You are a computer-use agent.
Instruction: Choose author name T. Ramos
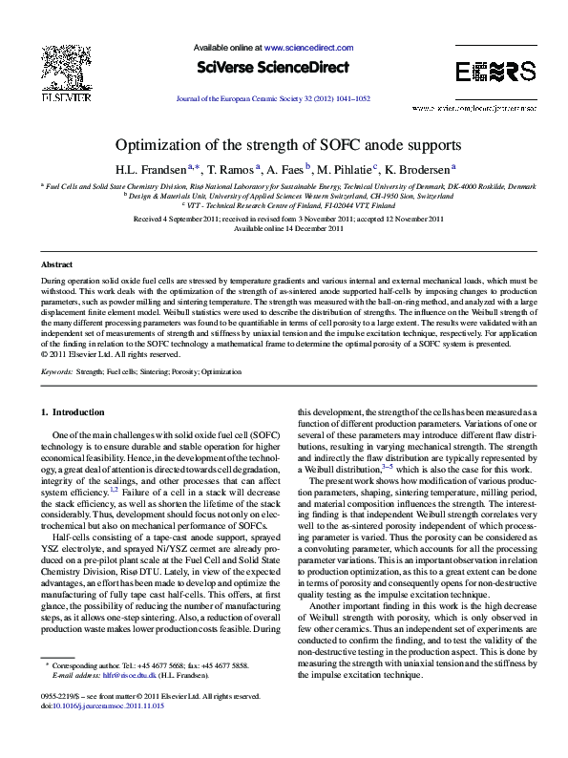(x=230, y=169)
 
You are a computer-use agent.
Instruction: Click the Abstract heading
(x=57, y=263)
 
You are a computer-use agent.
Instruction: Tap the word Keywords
(x=57, y=368)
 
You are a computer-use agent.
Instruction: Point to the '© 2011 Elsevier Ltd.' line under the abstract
(x=104, y=353)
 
